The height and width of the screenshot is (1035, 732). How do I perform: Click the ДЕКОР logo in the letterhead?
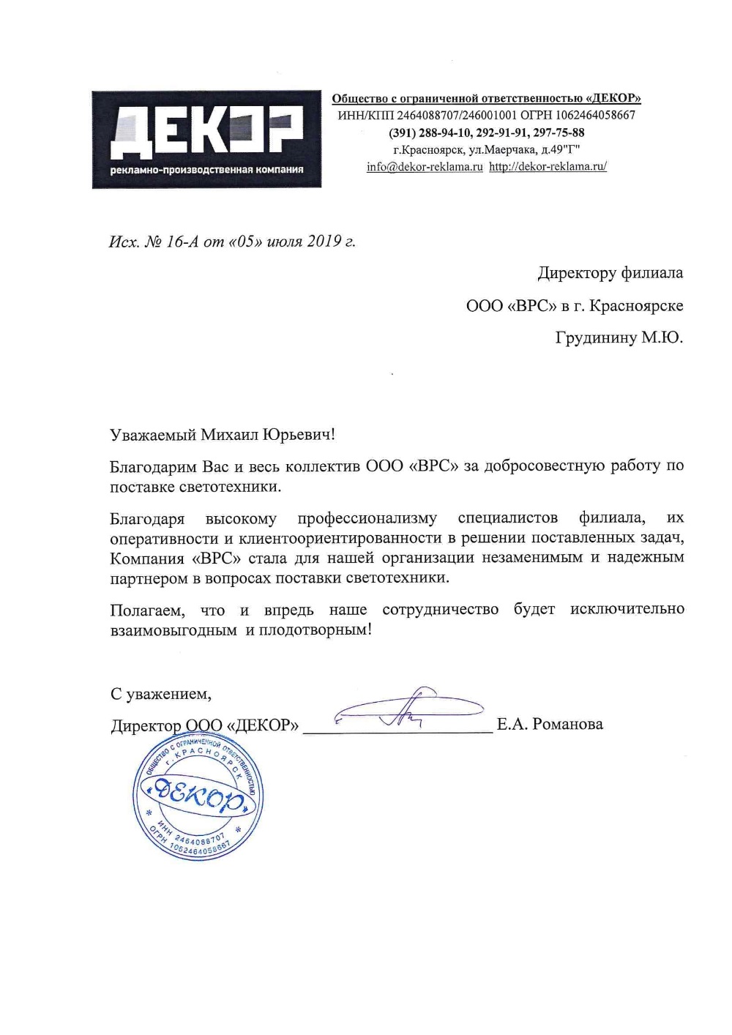click(x=206, y=139)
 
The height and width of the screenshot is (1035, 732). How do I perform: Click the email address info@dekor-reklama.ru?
click(x=425, y=167)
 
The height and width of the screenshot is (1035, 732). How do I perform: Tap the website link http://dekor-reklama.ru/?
click(x=548, y=167)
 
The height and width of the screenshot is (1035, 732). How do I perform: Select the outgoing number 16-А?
click(x=182, y=241)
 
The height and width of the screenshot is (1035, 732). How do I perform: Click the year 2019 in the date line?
click(x=324, y=241)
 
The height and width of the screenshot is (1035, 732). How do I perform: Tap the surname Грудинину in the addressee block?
click(x=596, y=338)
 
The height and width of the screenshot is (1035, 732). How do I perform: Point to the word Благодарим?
click(x=153, y=466)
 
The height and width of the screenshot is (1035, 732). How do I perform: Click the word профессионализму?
click(x=367, y=518)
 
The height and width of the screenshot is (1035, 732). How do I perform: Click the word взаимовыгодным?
click(x=173, y=630)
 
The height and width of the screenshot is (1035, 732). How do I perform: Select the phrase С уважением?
click(x=160, y=693)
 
